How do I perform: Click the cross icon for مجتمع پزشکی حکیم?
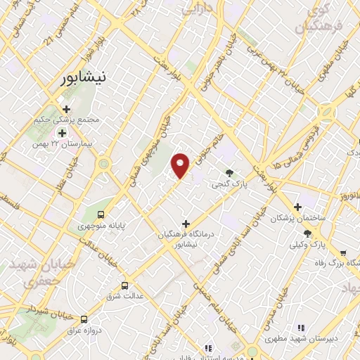67,109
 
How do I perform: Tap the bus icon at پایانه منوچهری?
101,214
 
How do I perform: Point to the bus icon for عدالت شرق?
124,285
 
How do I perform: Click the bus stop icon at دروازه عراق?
84,319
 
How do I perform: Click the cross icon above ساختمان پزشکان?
298,207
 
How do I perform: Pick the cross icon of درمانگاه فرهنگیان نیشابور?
186,224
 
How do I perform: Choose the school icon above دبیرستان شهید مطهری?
301,327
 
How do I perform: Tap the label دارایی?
199,10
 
